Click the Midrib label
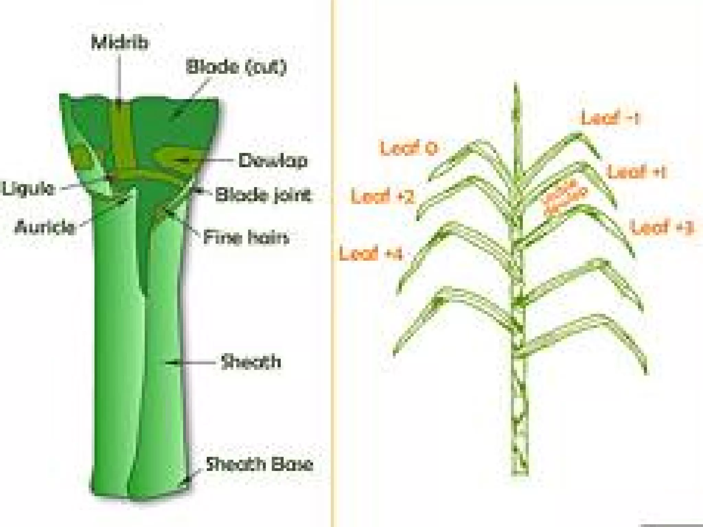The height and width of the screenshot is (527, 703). point(120,43)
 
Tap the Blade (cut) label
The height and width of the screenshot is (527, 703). point(236,67)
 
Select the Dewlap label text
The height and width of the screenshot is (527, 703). point(273,161)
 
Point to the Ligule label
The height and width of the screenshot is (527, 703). point(28,188)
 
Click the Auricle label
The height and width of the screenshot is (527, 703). point(45,227)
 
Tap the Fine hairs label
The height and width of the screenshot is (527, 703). point(246,237)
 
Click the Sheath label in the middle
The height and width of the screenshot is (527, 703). point(251,362)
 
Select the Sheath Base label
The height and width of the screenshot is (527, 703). point(260,464)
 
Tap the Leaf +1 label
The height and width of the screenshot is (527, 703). point(637,171)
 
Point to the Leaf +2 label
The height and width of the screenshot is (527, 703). point(382,197)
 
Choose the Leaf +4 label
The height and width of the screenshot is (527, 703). point(370,254)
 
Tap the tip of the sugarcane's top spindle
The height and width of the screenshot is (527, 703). point(515,84)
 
